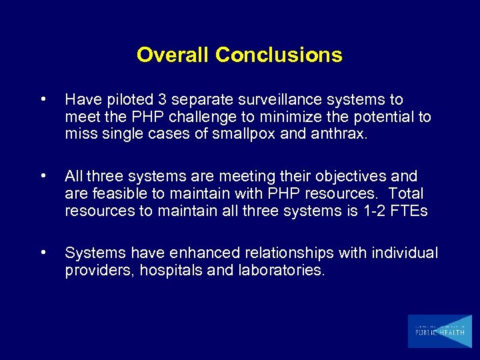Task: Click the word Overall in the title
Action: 173,55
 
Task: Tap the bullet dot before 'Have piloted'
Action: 43,100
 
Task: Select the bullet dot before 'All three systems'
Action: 43,177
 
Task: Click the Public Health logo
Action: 439,331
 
